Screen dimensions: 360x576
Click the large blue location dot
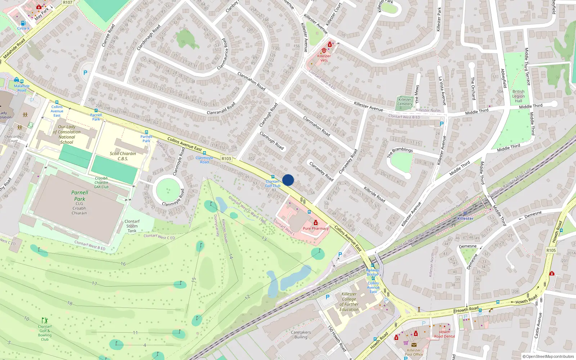pos(288,180)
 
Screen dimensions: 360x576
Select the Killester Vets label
pos(324,58)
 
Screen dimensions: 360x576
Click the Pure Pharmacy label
pos(316,228)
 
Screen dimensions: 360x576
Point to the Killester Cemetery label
pos(405,102)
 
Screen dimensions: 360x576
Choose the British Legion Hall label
pos(518,96)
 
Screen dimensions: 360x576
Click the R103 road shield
pos(226,158)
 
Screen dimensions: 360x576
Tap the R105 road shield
pos(551,250)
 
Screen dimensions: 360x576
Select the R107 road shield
pos(68,2)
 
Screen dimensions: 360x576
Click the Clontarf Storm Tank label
pos(132,226)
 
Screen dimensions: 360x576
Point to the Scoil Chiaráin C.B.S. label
pos(123,156)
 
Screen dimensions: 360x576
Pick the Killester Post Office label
pos(414,352)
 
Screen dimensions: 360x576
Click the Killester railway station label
pos(465,219)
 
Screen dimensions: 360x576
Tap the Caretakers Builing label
pos(301,335)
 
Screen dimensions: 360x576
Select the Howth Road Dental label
pos(445,334)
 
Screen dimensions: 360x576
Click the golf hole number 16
pos(123,264)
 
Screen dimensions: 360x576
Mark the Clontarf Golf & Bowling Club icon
pos(45,320)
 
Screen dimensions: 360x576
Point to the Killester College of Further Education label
pos(349,302)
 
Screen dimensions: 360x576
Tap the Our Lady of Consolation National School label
pos(67,134)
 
